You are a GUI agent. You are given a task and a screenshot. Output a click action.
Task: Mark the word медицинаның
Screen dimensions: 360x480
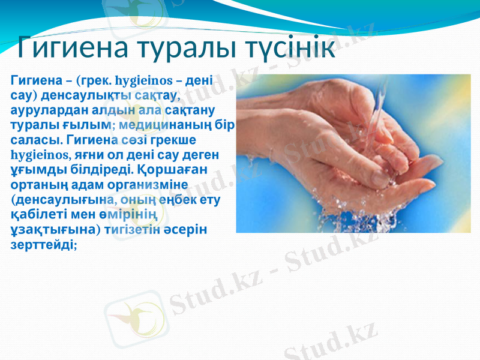(170, 125)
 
